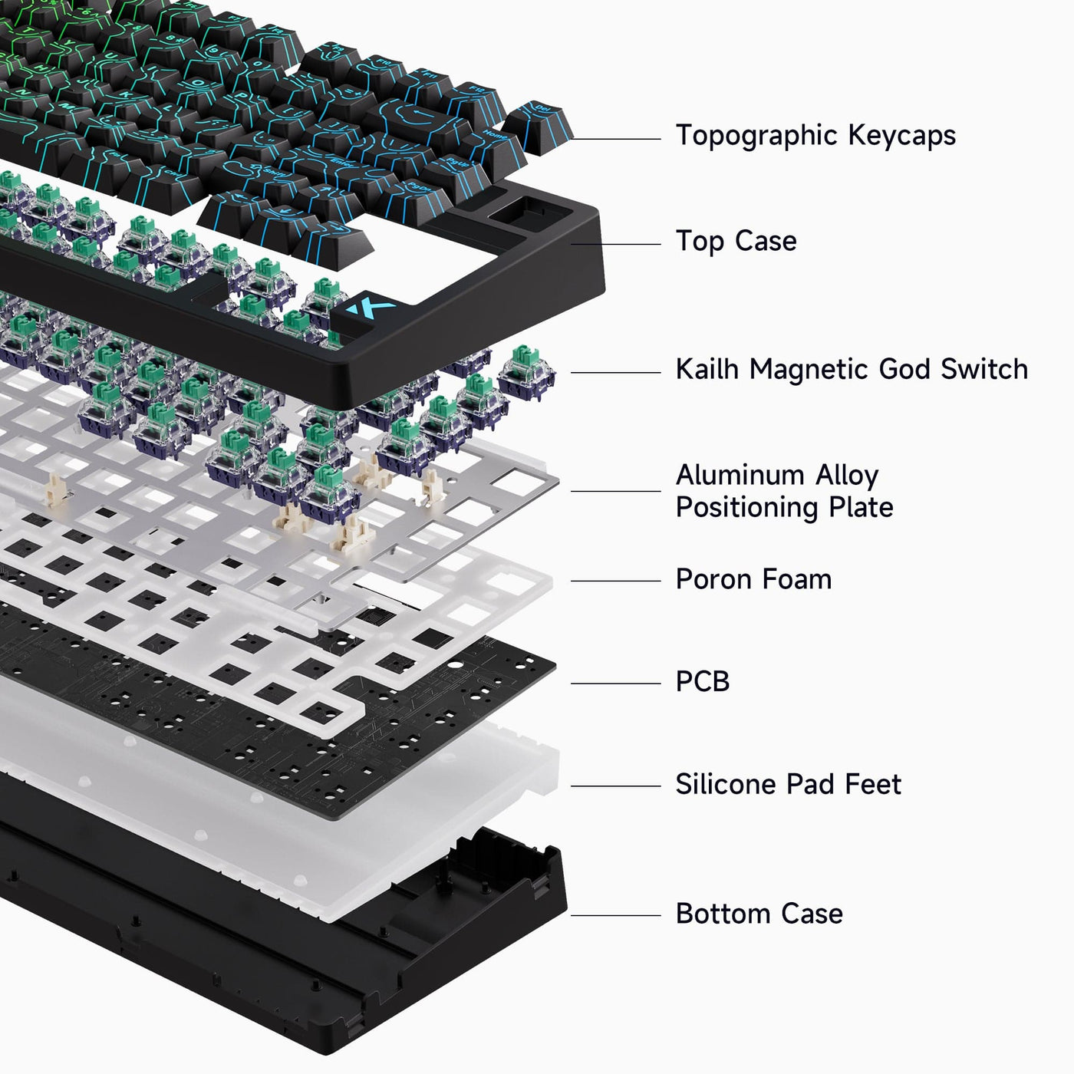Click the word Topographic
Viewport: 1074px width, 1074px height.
click(x=756, y=136)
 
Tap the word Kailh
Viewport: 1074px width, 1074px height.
click(x=707, y=369)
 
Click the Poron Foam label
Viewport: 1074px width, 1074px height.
click(x=753, y=579)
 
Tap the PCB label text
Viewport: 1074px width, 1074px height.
click(x=702, y=681)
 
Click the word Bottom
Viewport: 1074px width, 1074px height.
click(x=722, y=914)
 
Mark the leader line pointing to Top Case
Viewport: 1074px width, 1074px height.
click(x=615, y=245)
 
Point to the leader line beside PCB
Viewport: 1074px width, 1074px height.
click(x=615, y=684)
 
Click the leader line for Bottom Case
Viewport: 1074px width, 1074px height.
click(x=615, y=915)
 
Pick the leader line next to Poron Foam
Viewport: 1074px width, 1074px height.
click(x=615, y=581)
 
